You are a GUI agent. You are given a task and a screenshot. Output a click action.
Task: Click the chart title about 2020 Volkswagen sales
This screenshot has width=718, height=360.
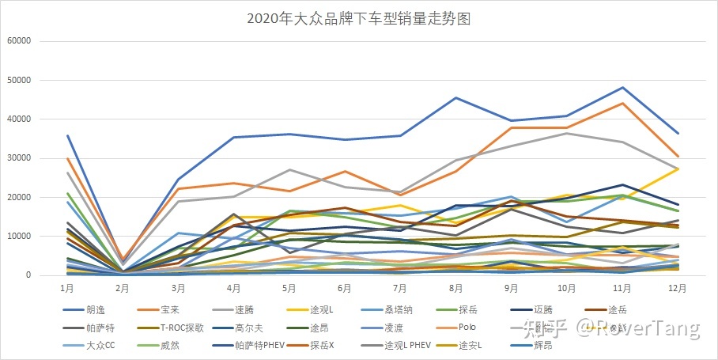358,19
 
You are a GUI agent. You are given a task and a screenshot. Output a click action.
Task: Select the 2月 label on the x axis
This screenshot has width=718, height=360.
123,288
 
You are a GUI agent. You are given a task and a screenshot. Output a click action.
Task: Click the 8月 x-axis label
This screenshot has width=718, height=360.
456,288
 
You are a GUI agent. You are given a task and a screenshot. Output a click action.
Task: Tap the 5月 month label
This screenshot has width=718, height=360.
289,288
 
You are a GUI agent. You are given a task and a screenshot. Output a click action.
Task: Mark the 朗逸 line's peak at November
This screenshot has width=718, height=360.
623,88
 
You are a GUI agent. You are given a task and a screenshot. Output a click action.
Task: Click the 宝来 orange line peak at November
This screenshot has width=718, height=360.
623,104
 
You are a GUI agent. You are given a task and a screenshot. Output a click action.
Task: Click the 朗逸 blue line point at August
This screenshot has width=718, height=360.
456,98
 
